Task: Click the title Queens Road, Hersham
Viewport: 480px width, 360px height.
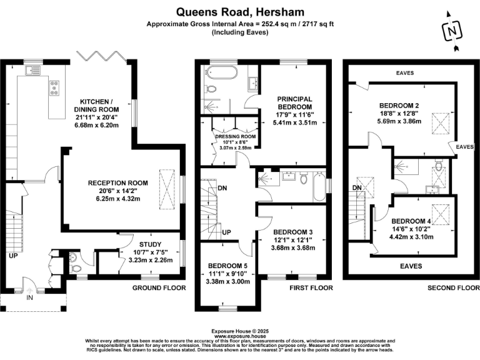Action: tap(240, 11)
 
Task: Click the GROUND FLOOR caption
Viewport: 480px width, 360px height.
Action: tap(159, 288)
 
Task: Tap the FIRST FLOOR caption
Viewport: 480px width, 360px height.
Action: tap(307, 288)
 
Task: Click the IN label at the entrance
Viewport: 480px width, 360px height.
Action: tap(29, 298)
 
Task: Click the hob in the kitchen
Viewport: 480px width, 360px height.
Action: tap(54, 88)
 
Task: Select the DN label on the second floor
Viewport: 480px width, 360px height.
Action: tap(357, 187)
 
